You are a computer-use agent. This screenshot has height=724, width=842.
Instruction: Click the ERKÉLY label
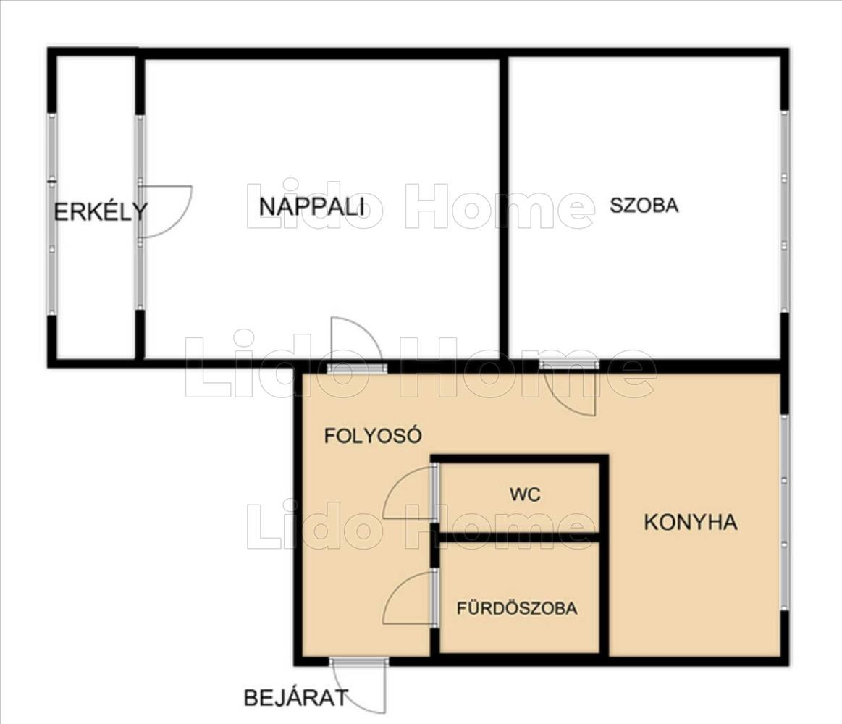coord(101,211)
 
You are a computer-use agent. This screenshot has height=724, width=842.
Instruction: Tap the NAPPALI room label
coord(311,207)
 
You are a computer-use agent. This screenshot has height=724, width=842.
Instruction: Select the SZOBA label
coord(644,205)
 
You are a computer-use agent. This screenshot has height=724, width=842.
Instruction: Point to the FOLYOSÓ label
coord(373,435)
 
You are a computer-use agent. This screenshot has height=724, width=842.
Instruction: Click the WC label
coord(525,494)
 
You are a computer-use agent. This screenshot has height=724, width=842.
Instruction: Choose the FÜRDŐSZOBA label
coord(517,608)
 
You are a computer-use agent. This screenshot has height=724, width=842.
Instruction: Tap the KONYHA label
coord(690,522)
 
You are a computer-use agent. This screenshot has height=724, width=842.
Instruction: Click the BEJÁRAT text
coord(296,698)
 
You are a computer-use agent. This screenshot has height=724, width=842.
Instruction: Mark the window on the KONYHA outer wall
coord(785,512)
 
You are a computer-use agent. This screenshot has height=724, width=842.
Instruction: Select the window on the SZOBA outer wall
coord(785,211)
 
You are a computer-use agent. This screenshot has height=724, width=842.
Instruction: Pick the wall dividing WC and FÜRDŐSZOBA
coord(519,537)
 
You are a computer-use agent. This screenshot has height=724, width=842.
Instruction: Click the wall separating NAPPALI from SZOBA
coord(504,207)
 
